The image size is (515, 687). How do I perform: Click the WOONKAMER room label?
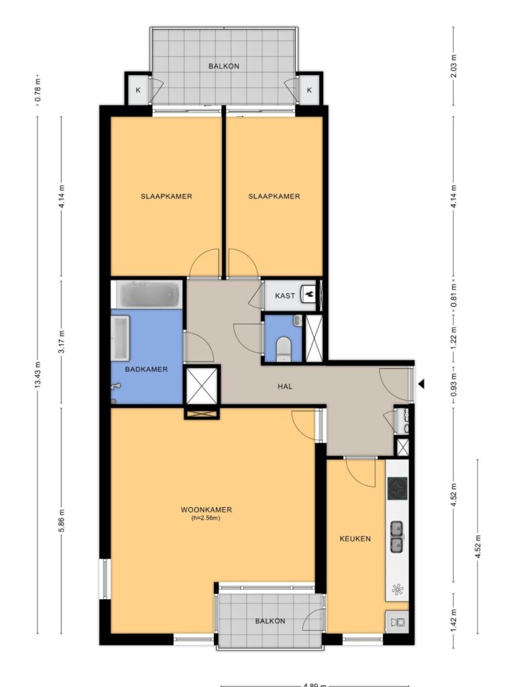point(206,510)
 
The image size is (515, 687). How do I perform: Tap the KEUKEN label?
point(355,539)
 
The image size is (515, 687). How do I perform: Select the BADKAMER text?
point(146,370)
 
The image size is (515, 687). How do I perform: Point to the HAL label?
point(284,386)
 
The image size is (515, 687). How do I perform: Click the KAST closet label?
point(284,296)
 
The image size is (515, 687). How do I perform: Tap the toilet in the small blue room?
point(284,348)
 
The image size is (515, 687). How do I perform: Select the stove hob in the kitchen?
point(398,488)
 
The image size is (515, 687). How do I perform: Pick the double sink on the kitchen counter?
point(397,537)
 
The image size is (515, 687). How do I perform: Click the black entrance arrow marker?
point(421,384)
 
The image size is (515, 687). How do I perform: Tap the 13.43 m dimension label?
point(38,374)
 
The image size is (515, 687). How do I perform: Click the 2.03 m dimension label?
point(454,66)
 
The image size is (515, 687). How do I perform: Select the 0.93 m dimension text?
point(454,383)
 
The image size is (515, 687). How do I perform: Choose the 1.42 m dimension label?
point(454,618)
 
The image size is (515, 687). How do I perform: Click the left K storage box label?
point(138,91)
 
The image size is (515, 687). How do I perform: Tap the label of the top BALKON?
point(224,66)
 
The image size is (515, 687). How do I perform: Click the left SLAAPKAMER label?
point(166,197)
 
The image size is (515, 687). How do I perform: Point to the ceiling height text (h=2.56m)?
point(206,518)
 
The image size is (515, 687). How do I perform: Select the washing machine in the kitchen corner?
point(397,622)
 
